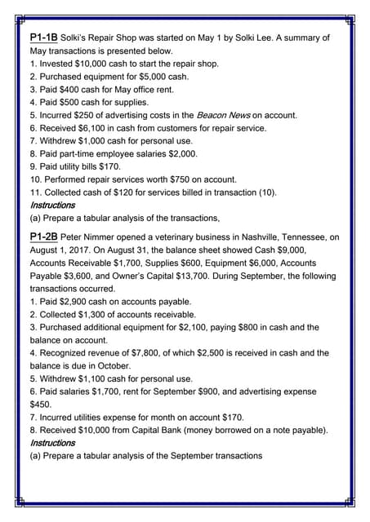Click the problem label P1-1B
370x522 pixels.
click(x=43, y=38)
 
